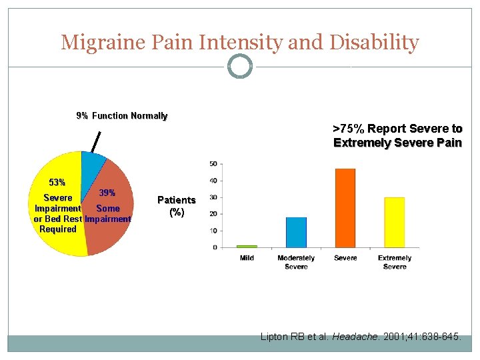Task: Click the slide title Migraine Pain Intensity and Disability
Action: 240,43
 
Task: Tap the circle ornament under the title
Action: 240,67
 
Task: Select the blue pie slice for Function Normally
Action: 92,163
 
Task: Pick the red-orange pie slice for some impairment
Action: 110,213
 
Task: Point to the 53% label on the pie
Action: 57,182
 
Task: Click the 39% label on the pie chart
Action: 107,193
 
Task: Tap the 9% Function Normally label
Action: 122,116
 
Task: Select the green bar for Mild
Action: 247,246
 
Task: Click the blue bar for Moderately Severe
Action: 296,232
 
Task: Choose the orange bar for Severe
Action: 345,207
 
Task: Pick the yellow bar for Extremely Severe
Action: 395,222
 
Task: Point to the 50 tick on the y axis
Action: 213,163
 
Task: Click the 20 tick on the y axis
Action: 213,214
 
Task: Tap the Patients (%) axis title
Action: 176,206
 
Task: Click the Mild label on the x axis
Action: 247,258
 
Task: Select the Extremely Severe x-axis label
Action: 395,262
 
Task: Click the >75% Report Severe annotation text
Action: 397,135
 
